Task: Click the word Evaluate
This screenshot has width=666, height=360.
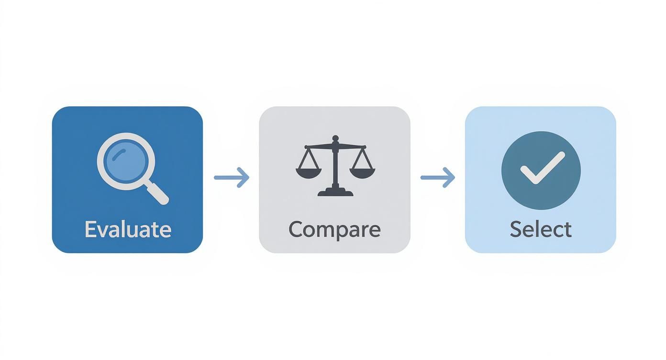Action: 128,229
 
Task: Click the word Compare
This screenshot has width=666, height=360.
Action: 334,229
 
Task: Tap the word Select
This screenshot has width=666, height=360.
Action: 540,229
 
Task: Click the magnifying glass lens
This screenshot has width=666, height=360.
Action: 126,162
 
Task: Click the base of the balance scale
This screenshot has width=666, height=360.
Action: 335,192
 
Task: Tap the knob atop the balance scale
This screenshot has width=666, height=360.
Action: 335,138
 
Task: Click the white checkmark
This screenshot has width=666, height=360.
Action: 542,169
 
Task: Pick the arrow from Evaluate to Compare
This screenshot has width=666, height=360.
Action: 232,178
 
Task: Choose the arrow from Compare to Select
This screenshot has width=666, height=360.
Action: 438,178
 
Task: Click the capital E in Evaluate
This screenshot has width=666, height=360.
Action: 90,229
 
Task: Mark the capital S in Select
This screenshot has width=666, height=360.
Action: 515,229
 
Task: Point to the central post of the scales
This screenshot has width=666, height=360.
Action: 335,168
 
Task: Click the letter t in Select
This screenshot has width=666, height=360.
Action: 567,230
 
